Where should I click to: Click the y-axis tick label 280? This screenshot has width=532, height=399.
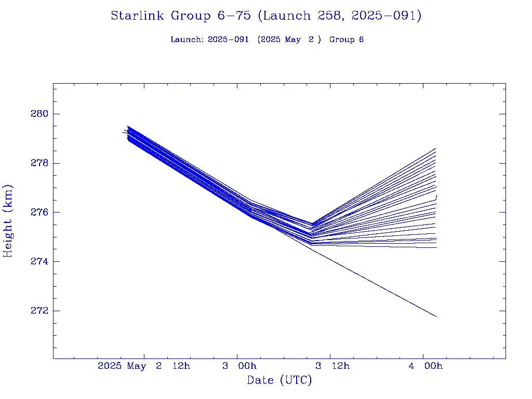click(39, 114)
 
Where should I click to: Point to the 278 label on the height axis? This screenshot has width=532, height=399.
click(39, 163)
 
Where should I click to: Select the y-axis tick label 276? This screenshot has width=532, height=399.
click(39, 212)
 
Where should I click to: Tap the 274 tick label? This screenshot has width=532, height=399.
click(39, 262)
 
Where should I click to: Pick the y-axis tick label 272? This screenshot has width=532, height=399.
click(39, 311)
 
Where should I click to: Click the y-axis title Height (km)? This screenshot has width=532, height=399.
click(8, 221)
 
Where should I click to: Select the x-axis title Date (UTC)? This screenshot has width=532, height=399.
click(279, 380)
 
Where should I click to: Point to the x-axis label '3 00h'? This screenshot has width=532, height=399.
click(240, 366)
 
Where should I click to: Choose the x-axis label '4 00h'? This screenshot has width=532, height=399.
click(425, 366)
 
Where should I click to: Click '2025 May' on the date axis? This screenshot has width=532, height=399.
click(122, 366)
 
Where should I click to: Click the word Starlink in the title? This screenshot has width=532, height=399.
click(137, 16)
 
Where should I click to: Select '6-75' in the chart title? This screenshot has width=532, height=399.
click(234, 16)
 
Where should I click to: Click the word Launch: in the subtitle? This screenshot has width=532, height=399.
click(187, 39)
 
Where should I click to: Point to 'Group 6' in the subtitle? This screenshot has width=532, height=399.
click(347, 39)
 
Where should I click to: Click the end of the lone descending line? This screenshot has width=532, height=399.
click(436, 317)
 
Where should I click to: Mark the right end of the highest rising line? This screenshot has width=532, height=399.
click(436, 148)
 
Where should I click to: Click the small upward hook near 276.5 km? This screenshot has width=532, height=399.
click(436, 197)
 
